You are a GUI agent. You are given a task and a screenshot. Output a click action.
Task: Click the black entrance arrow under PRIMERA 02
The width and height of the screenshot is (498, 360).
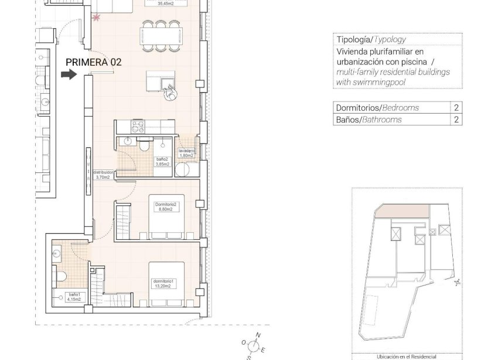pyautogui.click(x=69, y=74)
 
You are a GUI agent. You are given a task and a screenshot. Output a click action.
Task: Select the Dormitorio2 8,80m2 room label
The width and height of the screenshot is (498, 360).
pyautogui.click(x=166, y=206)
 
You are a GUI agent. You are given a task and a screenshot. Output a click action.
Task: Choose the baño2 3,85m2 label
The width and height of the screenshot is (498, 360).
pyautogui.click(x=162, y=162)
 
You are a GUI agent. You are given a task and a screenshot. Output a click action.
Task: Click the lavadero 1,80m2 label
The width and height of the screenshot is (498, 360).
pyautogui.click(x=186, y=154)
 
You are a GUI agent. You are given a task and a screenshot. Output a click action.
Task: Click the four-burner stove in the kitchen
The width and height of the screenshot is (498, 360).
pyautogui.click(x=138, y=126)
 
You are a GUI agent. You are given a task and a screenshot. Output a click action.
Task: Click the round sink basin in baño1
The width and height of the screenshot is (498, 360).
pyautogui.click(x=56, y=254)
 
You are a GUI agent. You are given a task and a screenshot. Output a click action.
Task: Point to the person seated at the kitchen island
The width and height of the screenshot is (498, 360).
pyautogui.click(x=170, y=93)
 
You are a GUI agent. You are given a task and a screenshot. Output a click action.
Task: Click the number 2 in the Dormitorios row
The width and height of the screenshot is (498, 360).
pyautogui.click(x=456, y=108)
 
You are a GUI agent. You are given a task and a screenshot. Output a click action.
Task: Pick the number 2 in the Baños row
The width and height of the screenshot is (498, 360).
pyautogui.click(x=456, y=120)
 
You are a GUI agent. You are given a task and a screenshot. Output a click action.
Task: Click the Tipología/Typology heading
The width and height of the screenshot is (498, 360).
pyautogui.click(x=371, y=40)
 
